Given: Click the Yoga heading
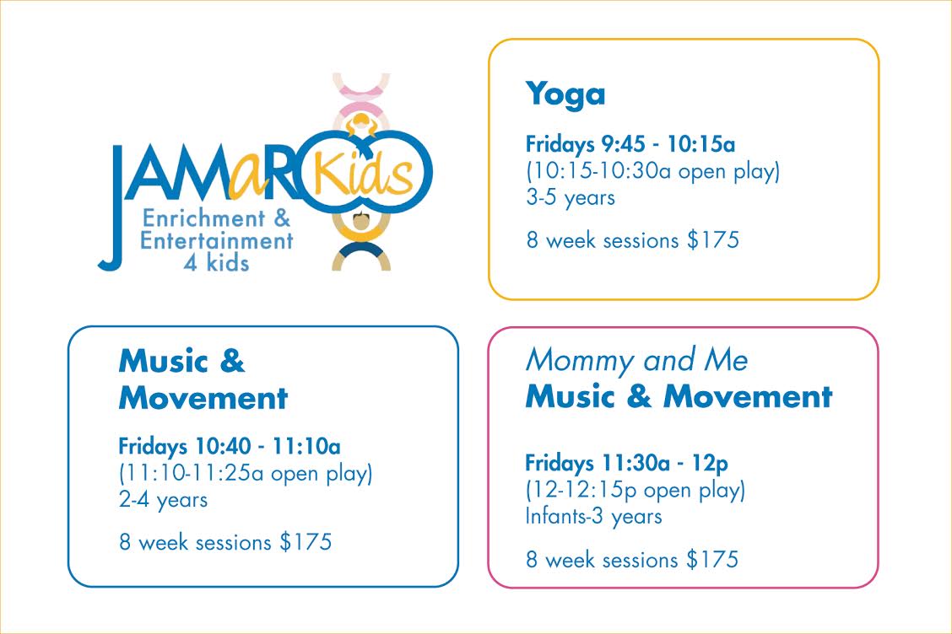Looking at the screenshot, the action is (565, 95).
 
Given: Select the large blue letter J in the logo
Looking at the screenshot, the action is (113, 207).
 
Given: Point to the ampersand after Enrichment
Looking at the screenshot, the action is (282, 218).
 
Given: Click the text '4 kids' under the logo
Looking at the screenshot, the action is (216, 263).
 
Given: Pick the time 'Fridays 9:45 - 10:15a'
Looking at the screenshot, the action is (630, 144).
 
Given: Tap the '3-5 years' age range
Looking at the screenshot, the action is (571, 197).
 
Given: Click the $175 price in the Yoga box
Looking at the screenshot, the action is (713, 239).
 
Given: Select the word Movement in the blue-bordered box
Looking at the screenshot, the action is (203, 399).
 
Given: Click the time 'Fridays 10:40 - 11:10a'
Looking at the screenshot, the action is (230, 447).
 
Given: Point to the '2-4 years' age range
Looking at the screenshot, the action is (164, 499).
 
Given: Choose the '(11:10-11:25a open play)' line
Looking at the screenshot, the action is (246, 473).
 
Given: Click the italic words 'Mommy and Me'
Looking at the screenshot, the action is (636, 360).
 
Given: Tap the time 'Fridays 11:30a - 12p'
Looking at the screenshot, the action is (626, 464).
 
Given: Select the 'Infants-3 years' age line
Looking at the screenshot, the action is (593, 516).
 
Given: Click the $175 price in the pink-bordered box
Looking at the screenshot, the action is (712, 559).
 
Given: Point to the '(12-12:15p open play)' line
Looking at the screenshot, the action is (635, 490).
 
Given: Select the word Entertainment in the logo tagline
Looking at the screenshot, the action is (217, 241).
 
